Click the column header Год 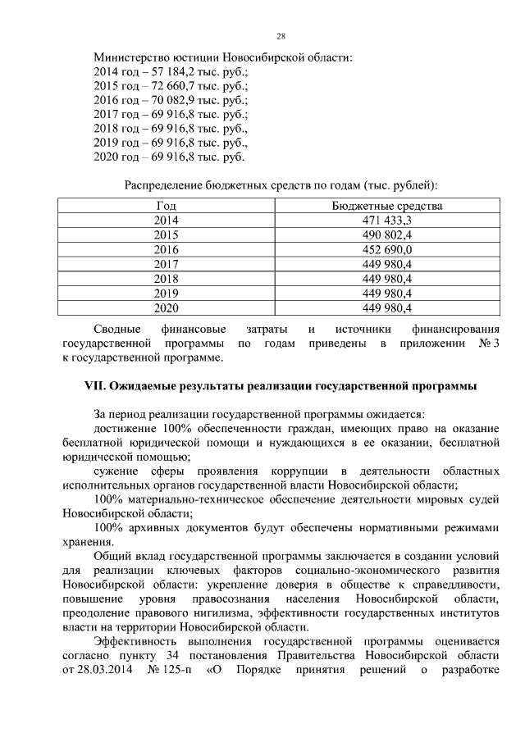(x=166, y=206)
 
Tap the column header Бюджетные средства (x=386, y=206)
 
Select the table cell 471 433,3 (x=386, y=221)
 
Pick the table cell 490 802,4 (x=386, y=234)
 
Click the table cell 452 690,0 (x=386, y=249)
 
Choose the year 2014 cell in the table (x=166, y=221)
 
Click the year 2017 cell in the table (x=166, y=264)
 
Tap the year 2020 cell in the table (x=166, y=308)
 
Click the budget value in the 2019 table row (x=386, y=294)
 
